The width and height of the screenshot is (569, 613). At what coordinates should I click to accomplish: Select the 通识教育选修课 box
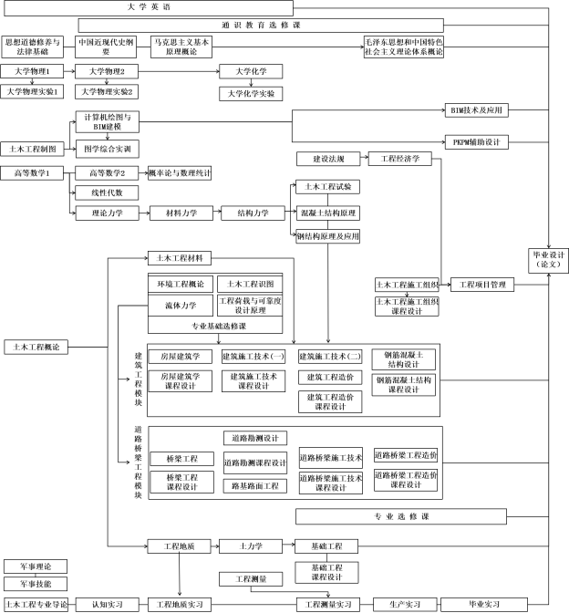pyautogui.click(x=315, y=26)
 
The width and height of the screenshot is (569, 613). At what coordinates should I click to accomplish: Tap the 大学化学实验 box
pyautogui.click(x=250, y=93)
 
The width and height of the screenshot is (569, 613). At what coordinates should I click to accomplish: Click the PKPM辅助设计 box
pyautogui.click(x=475, y=142)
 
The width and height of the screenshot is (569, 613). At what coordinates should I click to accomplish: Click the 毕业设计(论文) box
pyautogui.click(x=549, y=258)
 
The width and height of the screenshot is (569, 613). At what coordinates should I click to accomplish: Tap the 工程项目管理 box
pyautogui.click(x=483, y=285)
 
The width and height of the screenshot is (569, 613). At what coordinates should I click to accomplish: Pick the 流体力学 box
pyautogui.click(x=180, y=306)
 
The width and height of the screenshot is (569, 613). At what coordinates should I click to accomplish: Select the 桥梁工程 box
pyautogui.click(x=181, y=458)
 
